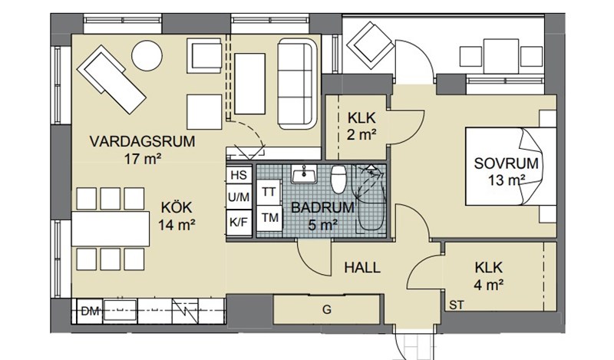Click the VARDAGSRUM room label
(x=142, y=141)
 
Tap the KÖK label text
(x=177, y=206)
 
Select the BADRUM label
(x=322, y=207)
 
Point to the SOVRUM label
(x=506, y=163)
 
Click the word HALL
(x=362, y=268)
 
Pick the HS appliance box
(x=239, y=175)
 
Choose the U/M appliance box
(x=239, y=197)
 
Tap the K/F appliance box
(x=239, y=223)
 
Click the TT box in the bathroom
(x=269, y=192)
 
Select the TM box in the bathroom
(x=270, y=218)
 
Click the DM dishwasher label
(x=90, y=312)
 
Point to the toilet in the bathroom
(x=338, y=179)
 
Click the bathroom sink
(x=304, y=174)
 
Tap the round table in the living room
(x=147, y=55)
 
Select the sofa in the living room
(x=297, y=84)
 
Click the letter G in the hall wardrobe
(x=327, y=310)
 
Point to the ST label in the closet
(x=456, y=305)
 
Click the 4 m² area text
(x=488, y=285)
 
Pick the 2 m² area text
(x=361, y=135)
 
